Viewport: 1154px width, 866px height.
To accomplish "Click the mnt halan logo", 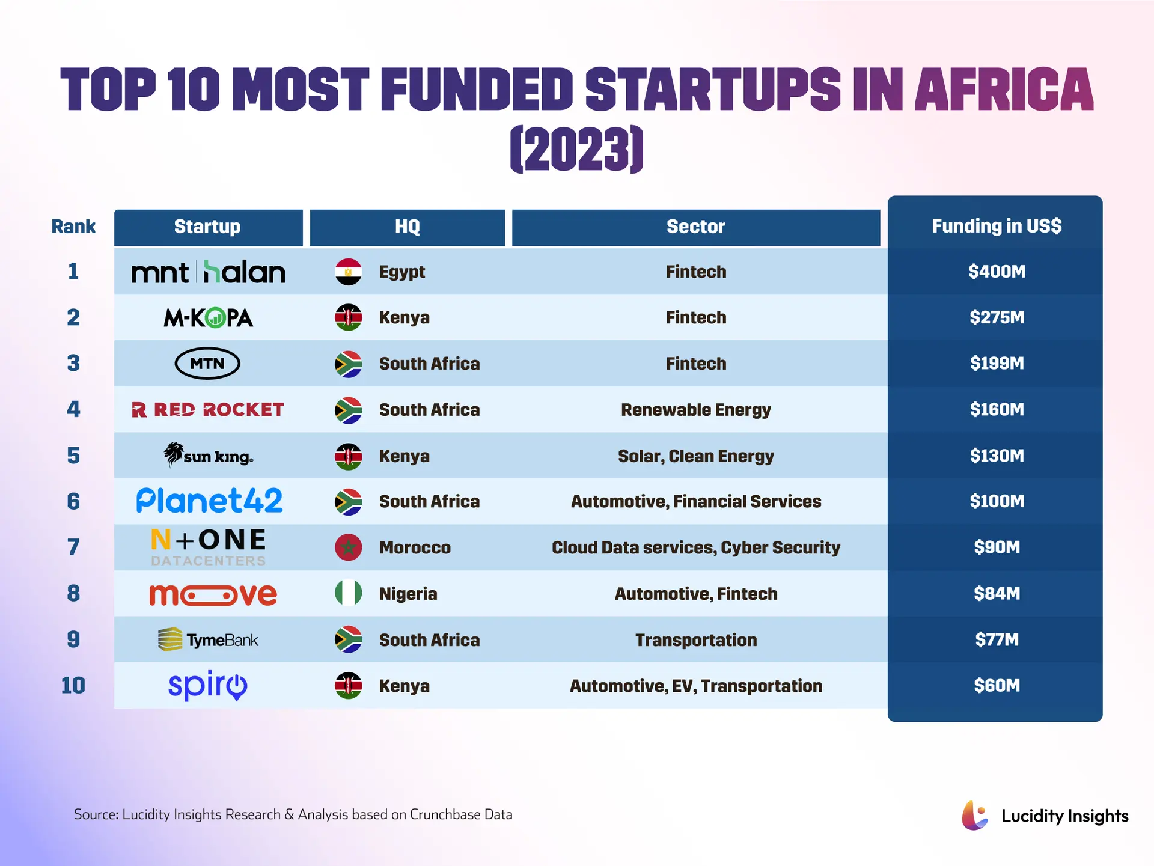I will click(x=208, y=272).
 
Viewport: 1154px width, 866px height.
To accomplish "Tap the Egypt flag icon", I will click(x=348, y=272).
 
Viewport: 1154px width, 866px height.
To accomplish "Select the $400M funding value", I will click(x=997, y=272).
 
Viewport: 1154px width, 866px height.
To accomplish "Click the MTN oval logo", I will click(x=207, y=363).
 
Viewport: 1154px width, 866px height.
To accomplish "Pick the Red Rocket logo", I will click(x=208, y=410).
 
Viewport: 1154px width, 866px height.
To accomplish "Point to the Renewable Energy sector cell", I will click(x=695, y=410).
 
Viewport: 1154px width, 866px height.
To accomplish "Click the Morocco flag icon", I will click(x=348, y=547).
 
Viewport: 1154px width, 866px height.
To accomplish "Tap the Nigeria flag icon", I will click(x=348, y=593).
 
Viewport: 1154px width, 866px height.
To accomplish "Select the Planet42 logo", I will click(x=209, y=501).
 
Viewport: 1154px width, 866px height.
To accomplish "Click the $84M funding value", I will click(x=997, y=594).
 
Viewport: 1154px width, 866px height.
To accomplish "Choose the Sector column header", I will click(x=695, y=227).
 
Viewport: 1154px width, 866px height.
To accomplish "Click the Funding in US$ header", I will click(x=997, y=226).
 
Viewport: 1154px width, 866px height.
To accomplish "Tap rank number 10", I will click(x=73, y=686).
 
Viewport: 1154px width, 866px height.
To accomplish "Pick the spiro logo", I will click(x=208, y=685).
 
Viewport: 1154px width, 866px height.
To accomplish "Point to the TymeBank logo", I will click(x=208, y=639).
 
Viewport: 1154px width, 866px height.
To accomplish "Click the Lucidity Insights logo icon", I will click(x=974, y=816).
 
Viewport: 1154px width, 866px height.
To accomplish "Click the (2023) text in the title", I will click(x=576, y=149).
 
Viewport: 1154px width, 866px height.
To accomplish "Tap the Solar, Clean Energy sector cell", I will click(x=695, y=456).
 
